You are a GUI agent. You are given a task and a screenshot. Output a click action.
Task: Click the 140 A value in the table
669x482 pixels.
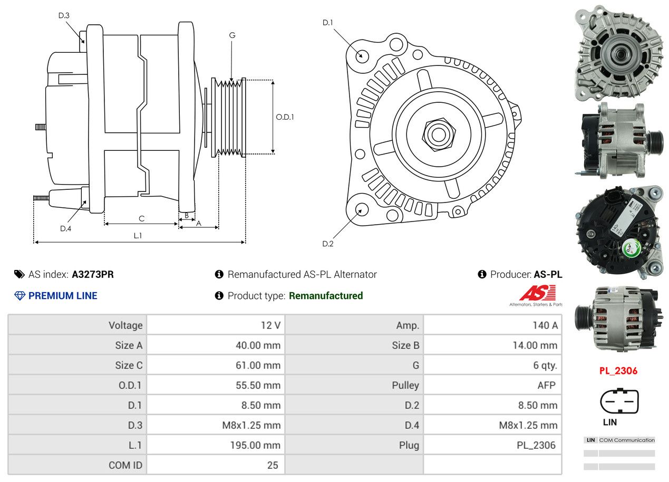[x=545, y=325]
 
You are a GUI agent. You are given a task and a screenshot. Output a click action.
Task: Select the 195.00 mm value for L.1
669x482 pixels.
[x=255, y=445]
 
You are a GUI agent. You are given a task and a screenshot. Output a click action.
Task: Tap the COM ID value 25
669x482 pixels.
[x=272, y=465]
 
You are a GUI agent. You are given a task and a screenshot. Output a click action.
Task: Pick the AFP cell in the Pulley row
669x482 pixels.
[x=546, y=385]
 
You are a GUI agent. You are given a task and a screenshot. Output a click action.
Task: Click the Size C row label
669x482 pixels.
[x=129, y=365]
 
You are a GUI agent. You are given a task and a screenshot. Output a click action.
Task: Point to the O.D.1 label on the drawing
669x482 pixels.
[x=285, y=117]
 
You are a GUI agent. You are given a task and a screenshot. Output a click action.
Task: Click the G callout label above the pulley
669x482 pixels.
[x=232, y=35]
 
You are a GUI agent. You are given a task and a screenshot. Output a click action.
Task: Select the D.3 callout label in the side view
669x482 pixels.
[x=64, y=15]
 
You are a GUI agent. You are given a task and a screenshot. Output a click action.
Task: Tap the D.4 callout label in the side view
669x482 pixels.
[x=65, y=228]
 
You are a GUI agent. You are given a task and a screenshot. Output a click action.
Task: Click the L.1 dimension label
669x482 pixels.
[x=138, y=236]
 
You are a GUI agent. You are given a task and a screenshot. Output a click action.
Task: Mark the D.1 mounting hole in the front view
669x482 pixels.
[x=362, y=55]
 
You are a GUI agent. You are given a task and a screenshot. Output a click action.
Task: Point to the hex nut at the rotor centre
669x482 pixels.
[x=437, y=133]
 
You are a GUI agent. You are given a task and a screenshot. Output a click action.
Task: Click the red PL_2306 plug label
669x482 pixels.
[x=618, y=371]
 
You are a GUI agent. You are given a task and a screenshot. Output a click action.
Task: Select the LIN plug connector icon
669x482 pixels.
[x=619, y=401]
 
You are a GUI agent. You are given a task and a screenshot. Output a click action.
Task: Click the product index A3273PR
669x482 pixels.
[x=93, y=274]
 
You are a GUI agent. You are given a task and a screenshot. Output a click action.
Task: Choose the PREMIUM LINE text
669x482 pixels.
[x=63, y=296]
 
